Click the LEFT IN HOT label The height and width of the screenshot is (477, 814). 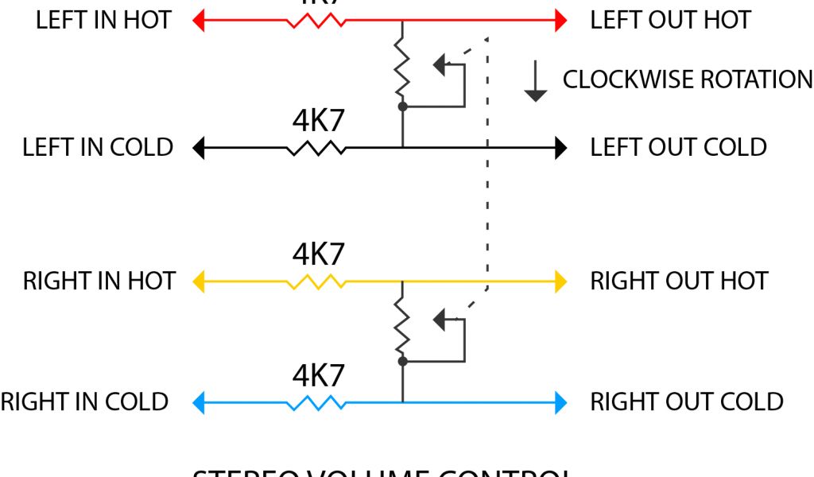point(103,20)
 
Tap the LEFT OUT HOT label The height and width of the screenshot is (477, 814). point(670,20)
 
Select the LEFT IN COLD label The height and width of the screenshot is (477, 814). point(98,147)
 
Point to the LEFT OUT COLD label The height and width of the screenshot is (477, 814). point(678,147)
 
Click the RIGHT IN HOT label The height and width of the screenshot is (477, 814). point(99,281)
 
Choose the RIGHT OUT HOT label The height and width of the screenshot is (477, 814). point(679,281)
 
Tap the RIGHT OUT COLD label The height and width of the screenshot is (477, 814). point(687,401)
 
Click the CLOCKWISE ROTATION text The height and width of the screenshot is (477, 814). point(688,79)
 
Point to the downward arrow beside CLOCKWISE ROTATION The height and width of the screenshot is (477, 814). point(536,83)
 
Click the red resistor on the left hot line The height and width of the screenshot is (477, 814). point(316,20)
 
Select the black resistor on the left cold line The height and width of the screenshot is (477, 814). point(316,148)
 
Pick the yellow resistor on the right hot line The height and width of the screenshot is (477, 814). point(316,281)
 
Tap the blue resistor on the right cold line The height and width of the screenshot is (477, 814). point(316,403)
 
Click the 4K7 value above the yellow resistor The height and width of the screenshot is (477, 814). point(318,254)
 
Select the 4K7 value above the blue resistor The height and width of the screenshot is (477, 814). point(318,374)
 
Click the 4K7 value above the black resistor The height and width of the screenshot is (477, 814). point(318,121)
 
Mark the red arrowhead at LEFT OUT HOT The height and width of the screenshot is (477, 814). point(561,20)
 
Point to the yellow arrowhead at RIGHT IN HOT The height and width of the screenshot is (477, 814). point(200,281)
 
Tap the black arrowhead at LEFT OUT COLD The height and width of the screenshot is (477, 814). point(561,148)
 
